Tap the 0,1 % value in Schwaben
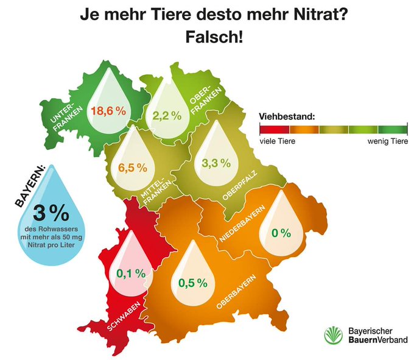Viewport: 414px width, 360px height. tap(131, 274)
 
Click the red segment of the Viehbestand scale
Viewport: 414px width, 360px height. tap(273, 129)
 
